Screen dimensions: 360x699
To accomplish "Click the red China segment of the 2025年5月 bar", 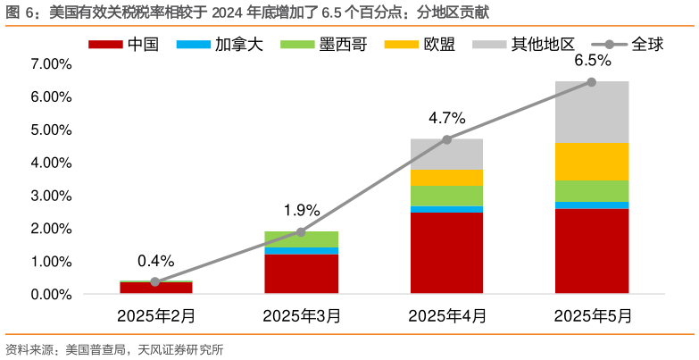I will [x=592, y=250].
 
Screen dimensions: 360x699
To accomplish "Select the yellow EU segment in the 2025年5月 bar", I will [x=592, y=161].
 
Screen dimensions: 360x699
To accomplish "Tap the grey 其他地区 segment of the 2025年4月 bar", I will [x=446, y=154].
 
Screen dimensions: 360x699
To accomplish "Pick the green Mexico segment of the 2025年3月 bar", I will [x=301, y=239].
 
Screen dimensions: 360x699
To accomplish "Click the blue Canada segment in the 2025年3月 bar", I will [x=301, y=251].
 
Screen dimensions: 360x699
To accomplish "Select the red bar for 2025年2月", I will [x=155, y=288].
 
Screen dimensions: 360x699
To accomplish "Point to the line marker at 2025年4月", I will [x=446, y=139].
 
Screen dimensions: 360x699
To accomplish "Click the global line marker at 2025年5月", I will [x=592, y=82].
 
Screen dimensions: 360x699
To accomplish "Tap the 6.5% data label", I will [x=592, y=61].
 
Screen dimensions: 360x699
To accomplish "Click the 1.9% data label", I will [x=301, y=211].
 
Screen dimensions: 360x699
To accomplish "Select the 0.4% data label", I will [x=155, y=261].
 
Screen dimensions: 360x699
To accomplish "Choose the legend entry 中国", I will [x=124, y=44].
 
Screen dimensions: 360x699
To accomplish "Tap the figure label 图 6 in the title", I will [x=20, y=13].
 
